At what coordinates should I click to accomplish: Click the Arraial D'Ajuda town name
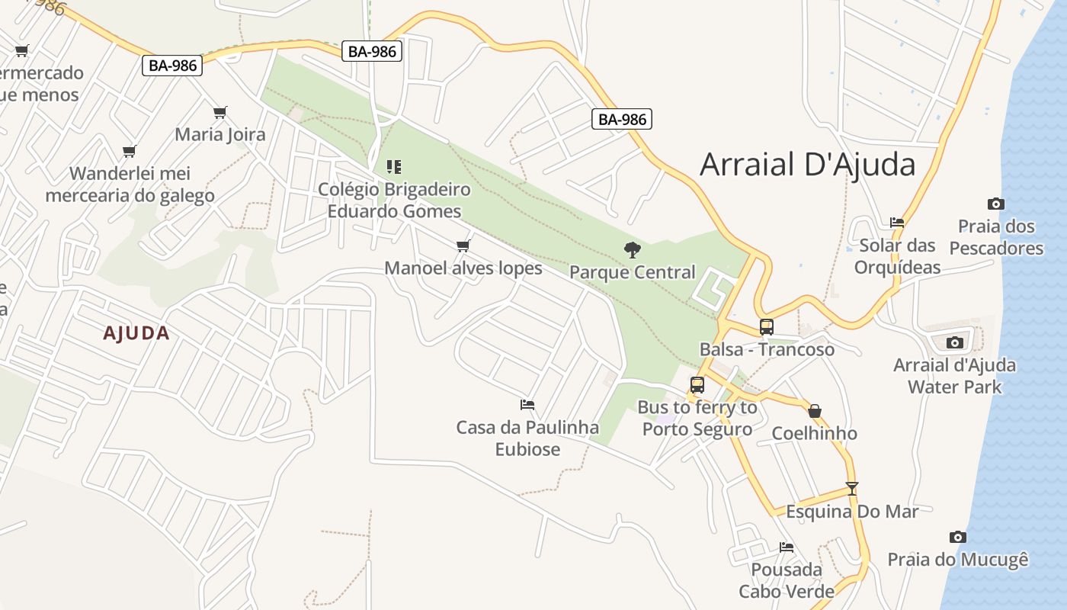point(807,164)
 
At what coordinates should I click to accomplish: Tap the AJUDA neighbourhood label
point(136,333)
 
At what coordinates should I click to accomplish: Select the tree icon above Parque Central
point(632,249)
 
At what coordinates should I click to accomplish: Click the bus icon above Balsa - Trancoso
point(767,327)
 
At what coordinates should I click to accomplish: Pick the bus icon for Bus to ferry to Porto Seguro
point(697,385)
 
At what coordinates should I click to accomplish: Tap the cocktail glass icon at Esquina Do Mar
point(852,489)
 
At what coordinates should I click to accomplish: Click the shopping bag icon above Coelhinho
point(814,412)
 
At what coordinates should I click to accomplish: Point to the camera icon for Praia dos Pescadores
point(995,204)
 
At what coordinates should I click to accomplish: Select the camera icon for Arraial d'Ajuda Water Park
point(954,342)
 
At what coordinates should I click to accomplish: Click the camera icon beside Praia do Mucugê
point(958,538)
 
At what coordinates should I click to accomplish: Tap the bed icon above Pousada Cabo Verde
point(787,547)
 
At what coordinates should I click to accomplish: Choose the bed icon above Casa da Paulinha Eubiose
point(527,405)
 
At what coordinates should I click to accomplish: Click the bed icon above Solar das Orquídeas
point(897,223)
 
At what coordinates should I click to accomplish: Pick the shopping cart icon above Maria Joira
point(220,113)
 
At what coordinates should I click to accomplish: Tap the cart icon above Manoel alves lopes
point(463,246)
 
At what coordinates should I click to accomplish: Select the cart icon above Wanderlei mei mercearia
point(130,151)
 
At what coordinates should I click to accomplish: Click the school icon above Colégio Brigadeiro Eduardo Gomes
point(394,166)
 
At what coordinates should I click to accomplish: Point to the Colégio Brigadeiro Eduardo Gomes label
point(394,200)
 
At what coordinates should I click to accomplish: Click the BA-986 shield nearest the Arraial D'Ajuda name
point(622,119)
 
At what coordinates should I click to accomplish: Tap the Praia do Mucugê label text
point(958,560)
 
